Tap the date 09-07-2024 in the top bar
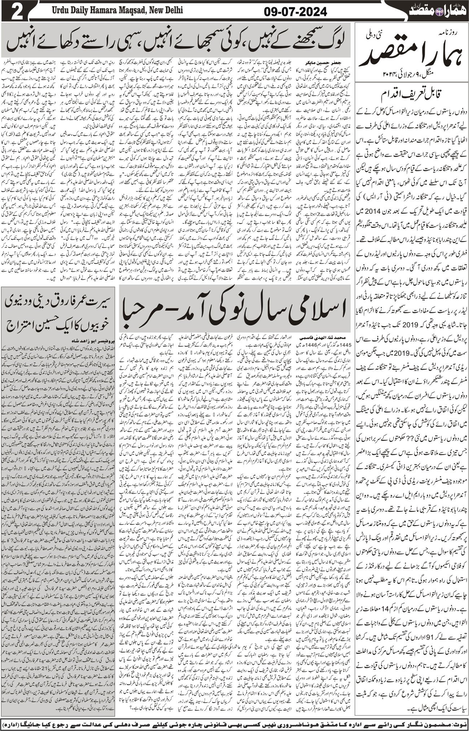tap(295, 12)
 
